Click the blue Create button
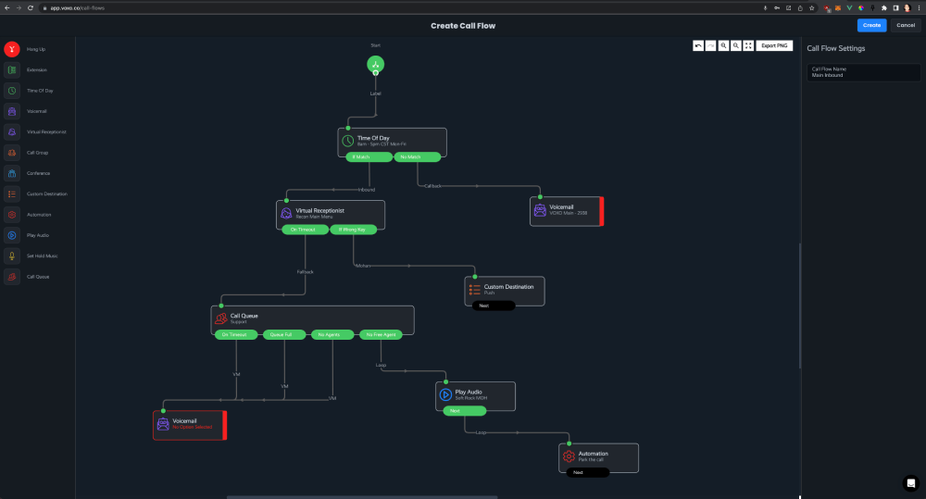pos(871,25)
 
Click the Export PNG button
pos(775,45)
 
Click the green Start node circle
pos(375,64)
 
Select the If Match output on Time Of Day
pos(369,157)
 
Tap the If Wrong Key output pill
pos(353,230)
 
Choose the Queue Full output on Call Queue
pos(284,334)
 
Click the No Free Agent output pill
pos(381,334)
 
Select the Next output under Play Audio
pos(454,410)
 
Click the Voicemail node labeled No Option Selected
pos(188,424)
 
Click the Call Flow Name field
pos(861,72)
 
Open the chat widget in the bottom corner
pos(910,482)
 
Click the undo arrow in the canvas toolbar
pos(698,45)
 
